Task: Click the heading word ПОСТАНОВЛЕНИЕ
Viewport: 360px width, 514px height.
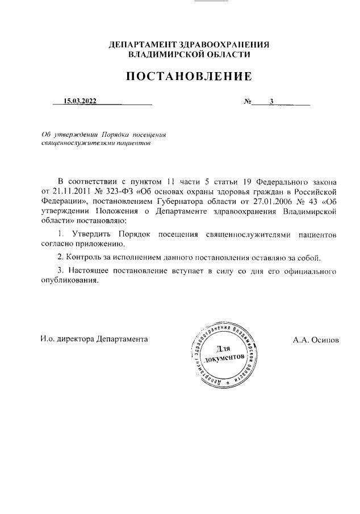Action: pyautogui.click(x=188, y=76)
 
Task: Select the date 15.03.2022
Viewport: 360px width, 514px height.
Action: pyautogui.click(x=80, y=102)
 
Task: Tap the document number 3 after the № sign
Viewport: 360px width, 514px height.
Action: pyautogui.click(x=272, y=102)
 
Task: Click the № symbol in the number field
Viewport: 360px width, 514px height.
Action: pyautogui.click(x=248, y=102)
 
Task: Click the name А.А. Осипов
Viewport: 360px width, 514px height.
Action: pyautogui.click(x=316, y=339)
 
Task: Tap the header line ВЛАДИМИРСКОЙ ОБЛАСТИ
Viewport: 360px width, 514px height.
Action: pyautogui.click(x=189, y=55)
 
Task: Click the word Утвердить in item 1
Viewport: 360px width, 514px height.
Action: pyautogui.click(x=93, y=234)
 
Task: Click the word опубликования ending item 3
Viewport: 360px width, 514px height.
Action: pyautogui.click(x=69, y=281)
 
